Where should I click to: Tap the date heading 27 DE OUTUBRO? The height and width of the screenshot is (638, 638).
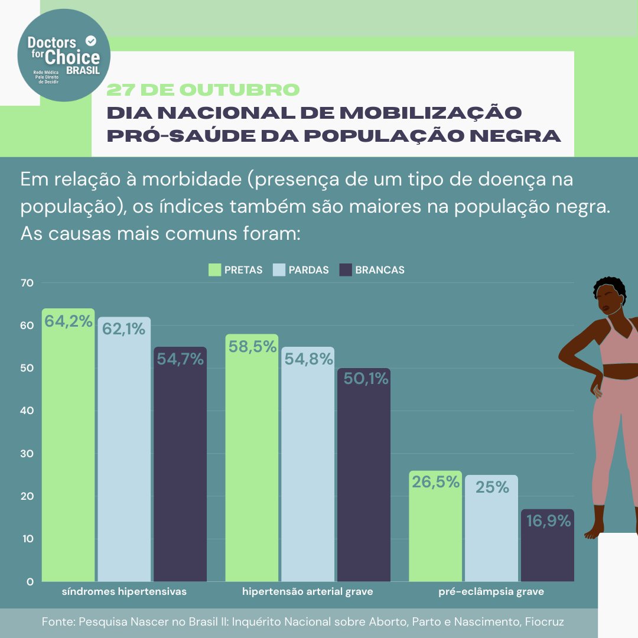[203, 90]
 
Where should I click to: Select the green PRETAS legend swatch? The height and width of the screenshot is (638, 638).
[215, 270]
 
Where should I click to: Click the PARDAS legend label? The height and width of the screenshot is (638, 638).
[308, 270]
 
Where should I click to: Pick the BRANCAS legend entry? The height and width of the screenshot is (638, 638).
[379, 270]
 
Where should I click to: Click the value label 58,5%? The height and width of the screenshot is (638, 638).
[252, 347]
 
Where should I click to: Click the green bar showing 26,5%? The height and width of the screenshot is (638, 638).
[435, 532]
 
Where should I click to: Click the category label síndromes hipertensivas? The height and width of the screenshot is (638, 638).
[125, 591]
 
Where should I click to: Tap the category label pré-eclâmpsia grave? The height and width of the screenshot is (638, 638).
[491, 591]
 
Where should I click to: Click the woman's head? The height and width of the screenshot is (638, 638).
[608, 295]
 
